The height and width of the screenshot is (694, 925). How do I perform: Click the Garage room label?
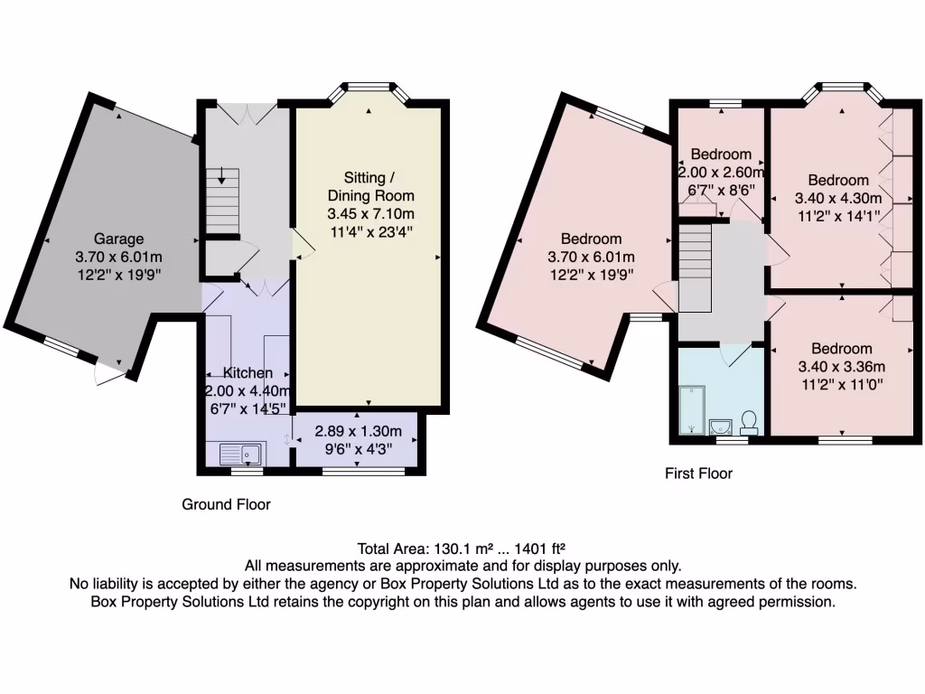click(118, 239)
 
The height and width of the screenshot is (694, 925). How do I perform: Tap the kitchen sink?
click(242, 454)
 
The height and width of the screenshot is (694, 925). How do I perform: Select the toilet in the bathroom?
click(749, 423)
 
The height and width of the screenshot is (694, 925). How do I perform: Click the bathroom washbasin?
click(721, 427)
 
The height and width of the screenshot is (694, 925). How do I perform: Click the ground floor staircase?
click(222, 202)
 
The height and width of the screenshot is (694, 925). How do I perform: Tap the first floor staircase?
click(695, 268)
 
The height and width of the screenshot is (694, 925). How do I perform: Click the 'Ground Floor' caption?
click(226, 504)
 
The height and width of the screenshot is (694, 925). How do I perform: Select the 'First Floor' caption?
click(698, 474)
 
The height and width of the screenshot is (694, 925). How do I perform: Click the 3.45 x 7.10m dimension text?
click(371, 213)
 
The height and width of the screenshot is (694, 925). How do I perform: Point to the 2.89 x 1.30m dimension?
click(358, 431)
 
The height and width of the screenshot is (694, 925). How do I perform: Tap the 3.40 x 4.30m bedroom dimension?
click(838, 198)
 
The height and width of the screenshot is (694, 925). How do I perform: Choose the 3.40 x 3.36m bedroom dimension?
click(842, 367)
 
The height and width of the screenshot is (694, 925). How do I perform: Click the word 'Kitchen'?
click(248, 373)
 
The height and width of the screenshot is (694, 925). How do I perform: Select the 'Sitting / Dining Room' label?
click(371, 186)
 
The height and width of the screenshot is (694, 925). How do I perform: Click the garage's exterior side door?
click(110, 373)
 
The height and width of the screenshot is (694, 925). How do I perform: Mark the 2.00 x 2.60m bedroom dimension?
click(721, 173)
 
